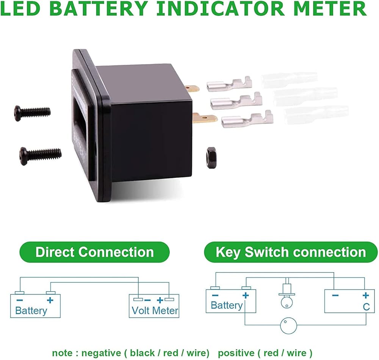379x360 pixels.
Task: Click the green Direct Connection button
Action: pyautogui.click(x=94, y=252)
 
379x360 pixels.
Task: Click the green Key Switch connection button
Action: pyautogui.click(x=291, y=252)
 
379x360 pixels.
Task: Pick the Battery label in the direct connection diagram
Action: pyautogui.click(x=31, y=311)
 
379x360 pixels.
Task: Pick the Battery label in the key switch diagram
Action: pyautogui.click(x=226, y=305)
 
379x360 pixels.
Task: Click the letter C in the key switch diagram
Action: pyautogui.click(x=366, y=307)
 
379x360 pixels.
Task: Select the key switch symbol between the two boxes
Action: pyautogui.click(x=287, y=295)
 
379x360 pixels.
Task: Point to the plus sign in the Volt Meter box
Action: pyautogui.click(x=160, y=300)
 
